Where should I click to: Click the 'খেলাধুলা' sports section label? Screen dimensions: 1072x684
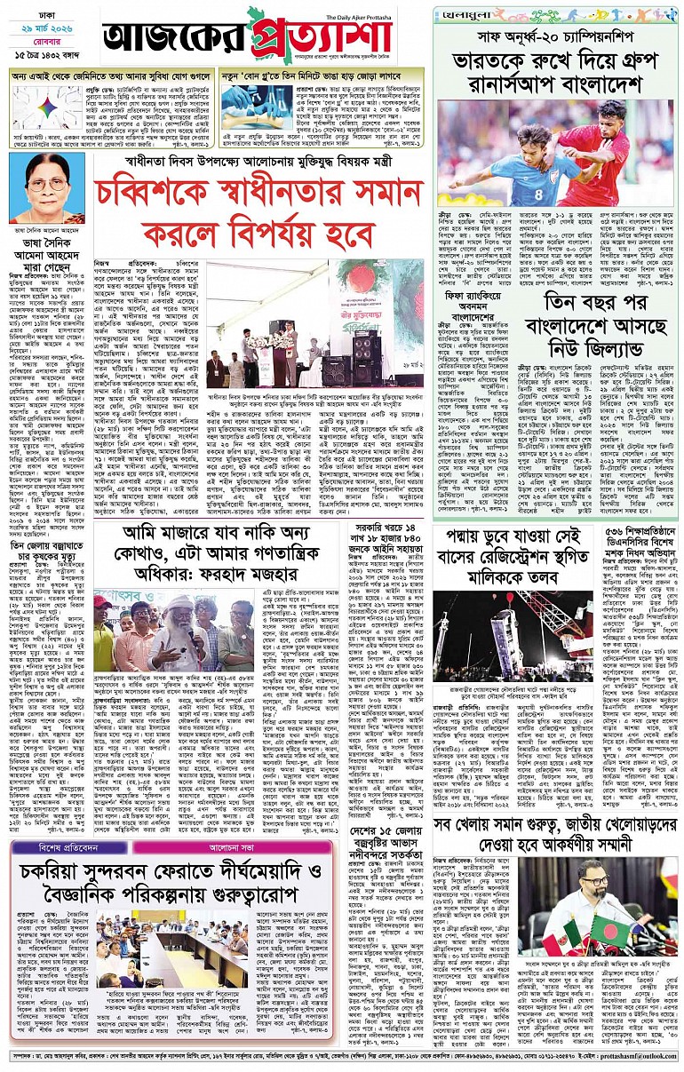point(468,14)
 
